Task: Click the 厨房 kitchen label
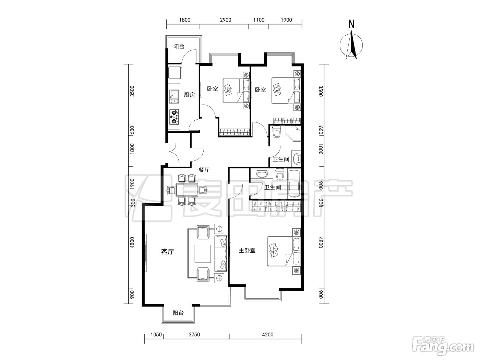[x=189, y=95]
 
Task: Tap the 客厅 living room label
[x=168, y=252]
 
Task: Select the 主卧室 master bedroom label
[x=247, y=251]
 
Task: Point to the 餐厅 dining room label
[x=204, y=170]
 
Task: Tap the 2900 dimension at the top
[x=226, y=20]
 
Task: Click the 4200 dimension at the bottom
[x=268, y=335]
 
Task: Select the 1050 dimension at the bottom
[x=156, y=335]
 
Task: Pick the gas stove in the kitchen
[x=174, y=117]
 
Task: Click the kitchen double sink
[x=174, y=97]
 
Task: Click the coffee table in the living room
[x=203, y=254]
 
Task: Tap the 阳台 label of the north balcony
[x=179, y=46]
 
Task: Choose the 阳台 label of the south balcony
[x=178, y=313]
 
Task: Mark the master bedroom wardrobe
[x=276, y=206]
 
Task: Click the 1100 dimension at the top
[x=259, y=20]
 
